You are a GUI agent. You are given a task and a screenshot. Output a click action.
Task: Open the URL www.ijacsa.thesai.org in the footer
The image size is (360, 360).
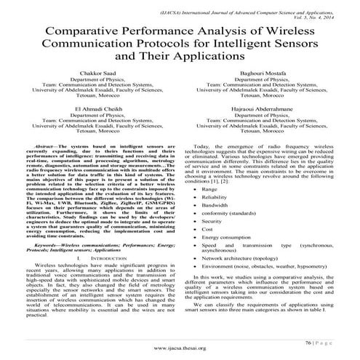[180, 349]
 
